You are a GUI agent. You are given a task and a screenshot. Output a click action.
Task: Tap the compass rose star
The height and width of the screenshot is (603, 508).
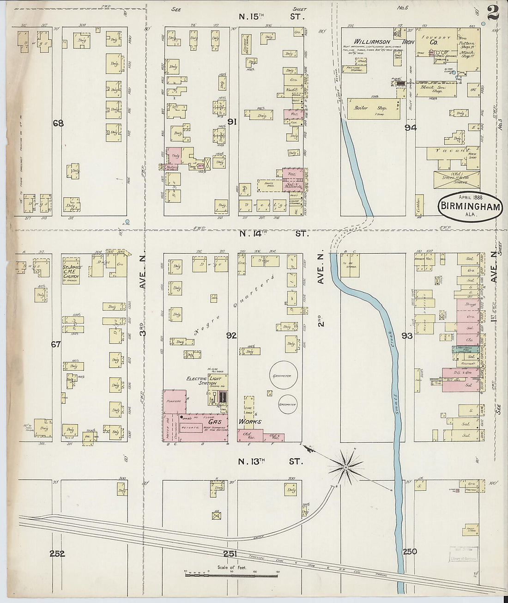pyautogui.click(x=345, y=469)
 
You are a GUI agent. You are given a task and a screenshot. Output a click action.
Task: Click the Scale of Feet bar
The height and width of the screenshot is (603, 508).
pyautogui.click(x=231, y=572)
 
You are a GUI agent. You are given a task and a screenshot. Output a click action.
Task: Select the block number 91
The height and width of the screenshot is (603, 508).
pyautogui.click(x=232, y=122)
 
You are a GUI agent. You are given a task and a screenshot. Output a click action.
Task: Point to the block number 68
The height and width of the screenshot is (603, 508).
pyautogui.click(x=58, y=123)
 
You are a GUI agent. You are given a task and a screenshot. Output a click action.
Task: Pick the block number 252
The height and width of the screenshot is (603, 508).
pyautogui.click(x=58, y=554)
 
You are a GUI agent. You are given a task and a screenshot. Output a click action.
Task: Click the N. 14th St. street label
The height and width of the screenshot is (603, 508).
pyautogui.click(x=272, y=234)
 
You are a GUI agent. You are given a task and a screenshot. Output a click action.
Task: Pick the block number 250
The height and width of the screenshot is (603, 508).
pyautogui.click(x=409, y=551)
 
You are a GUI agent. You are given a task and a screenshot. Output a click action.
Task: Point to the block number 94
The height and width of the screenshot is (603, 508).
pyautogui.click(x=411, y=128)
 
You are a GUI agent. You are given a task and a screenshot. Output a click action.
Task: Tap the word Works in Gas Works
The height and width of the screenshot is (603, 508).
pyautogui.click(x=250, y=421)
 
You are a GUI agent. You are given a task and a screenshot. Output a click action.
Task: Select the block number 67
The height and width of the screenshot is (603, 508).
pyautogui.click(x=56, y=344)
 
